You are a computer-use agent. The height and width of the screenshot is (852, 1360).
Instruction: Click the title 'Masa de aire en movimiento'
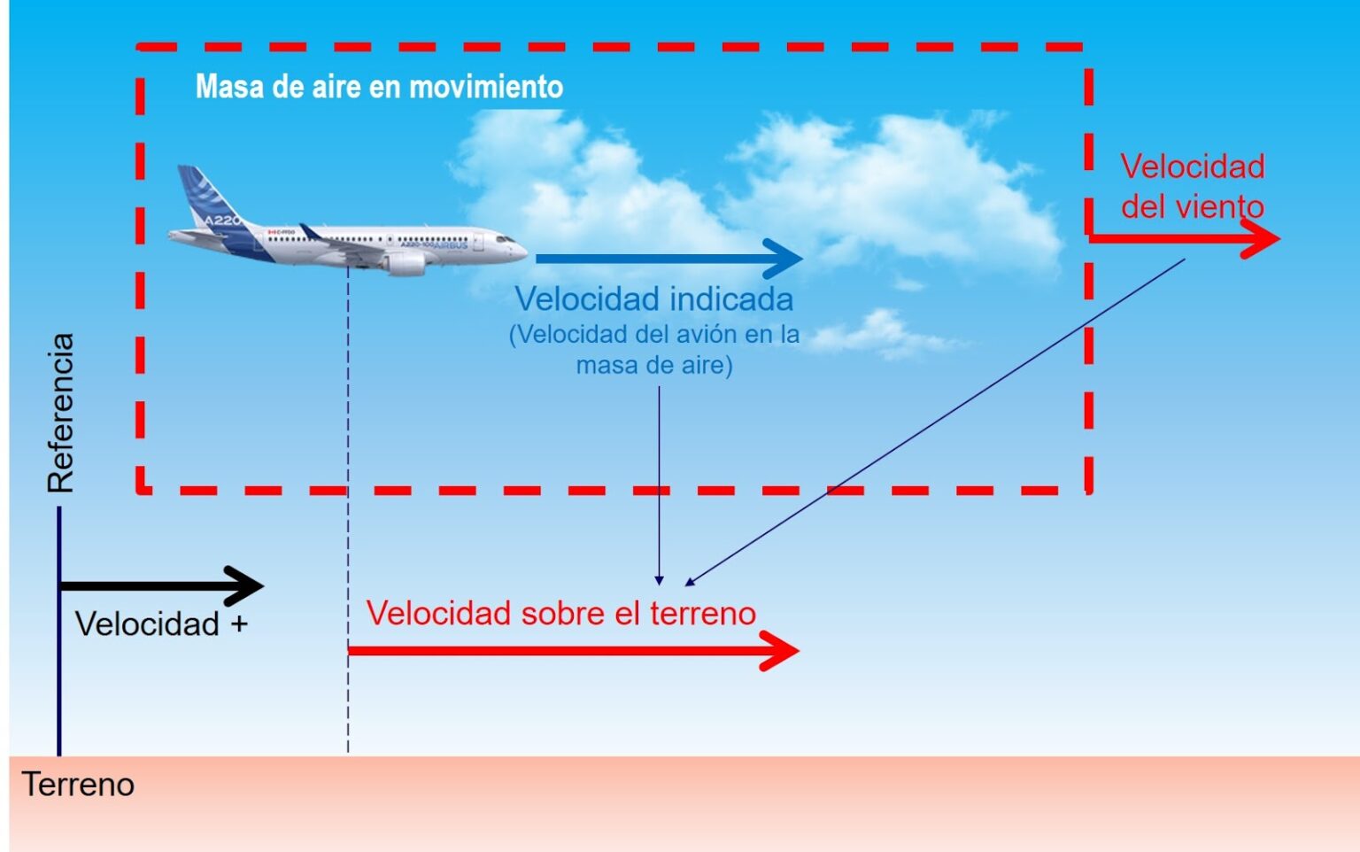point(379,87)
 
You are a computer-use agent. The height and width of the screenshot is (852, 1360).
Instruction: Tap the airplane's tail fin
point(203,195)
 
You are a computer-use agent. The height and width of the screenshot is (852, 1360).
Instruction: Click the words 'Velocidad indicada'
point(653,299)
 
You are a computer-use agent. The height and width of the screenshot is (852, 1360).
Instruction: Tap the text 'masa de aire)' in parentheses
point(654,365)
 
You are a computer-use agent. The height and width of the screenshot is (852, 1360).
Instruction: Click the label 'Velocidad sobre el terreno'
point(560,613)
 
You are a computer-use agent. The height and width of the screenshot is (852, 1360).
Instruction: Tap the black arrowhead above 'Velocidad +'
point(247,585)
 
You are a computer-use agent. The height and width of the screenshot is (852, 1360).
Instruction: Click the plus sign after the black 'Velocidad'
point(239,624)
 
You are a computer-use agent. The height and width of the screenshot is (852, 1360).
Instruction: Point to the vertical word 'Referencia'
point(61,413)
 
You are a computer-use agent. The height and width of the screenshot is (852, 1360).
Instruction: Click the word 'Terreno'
point(78,785)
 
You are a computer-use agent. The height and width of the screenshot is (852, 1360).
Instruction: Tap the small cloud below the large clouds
point(881,334)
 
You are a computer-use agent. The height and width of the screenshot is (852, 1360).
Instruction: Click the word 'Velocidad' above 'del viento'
point(1192,167)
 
